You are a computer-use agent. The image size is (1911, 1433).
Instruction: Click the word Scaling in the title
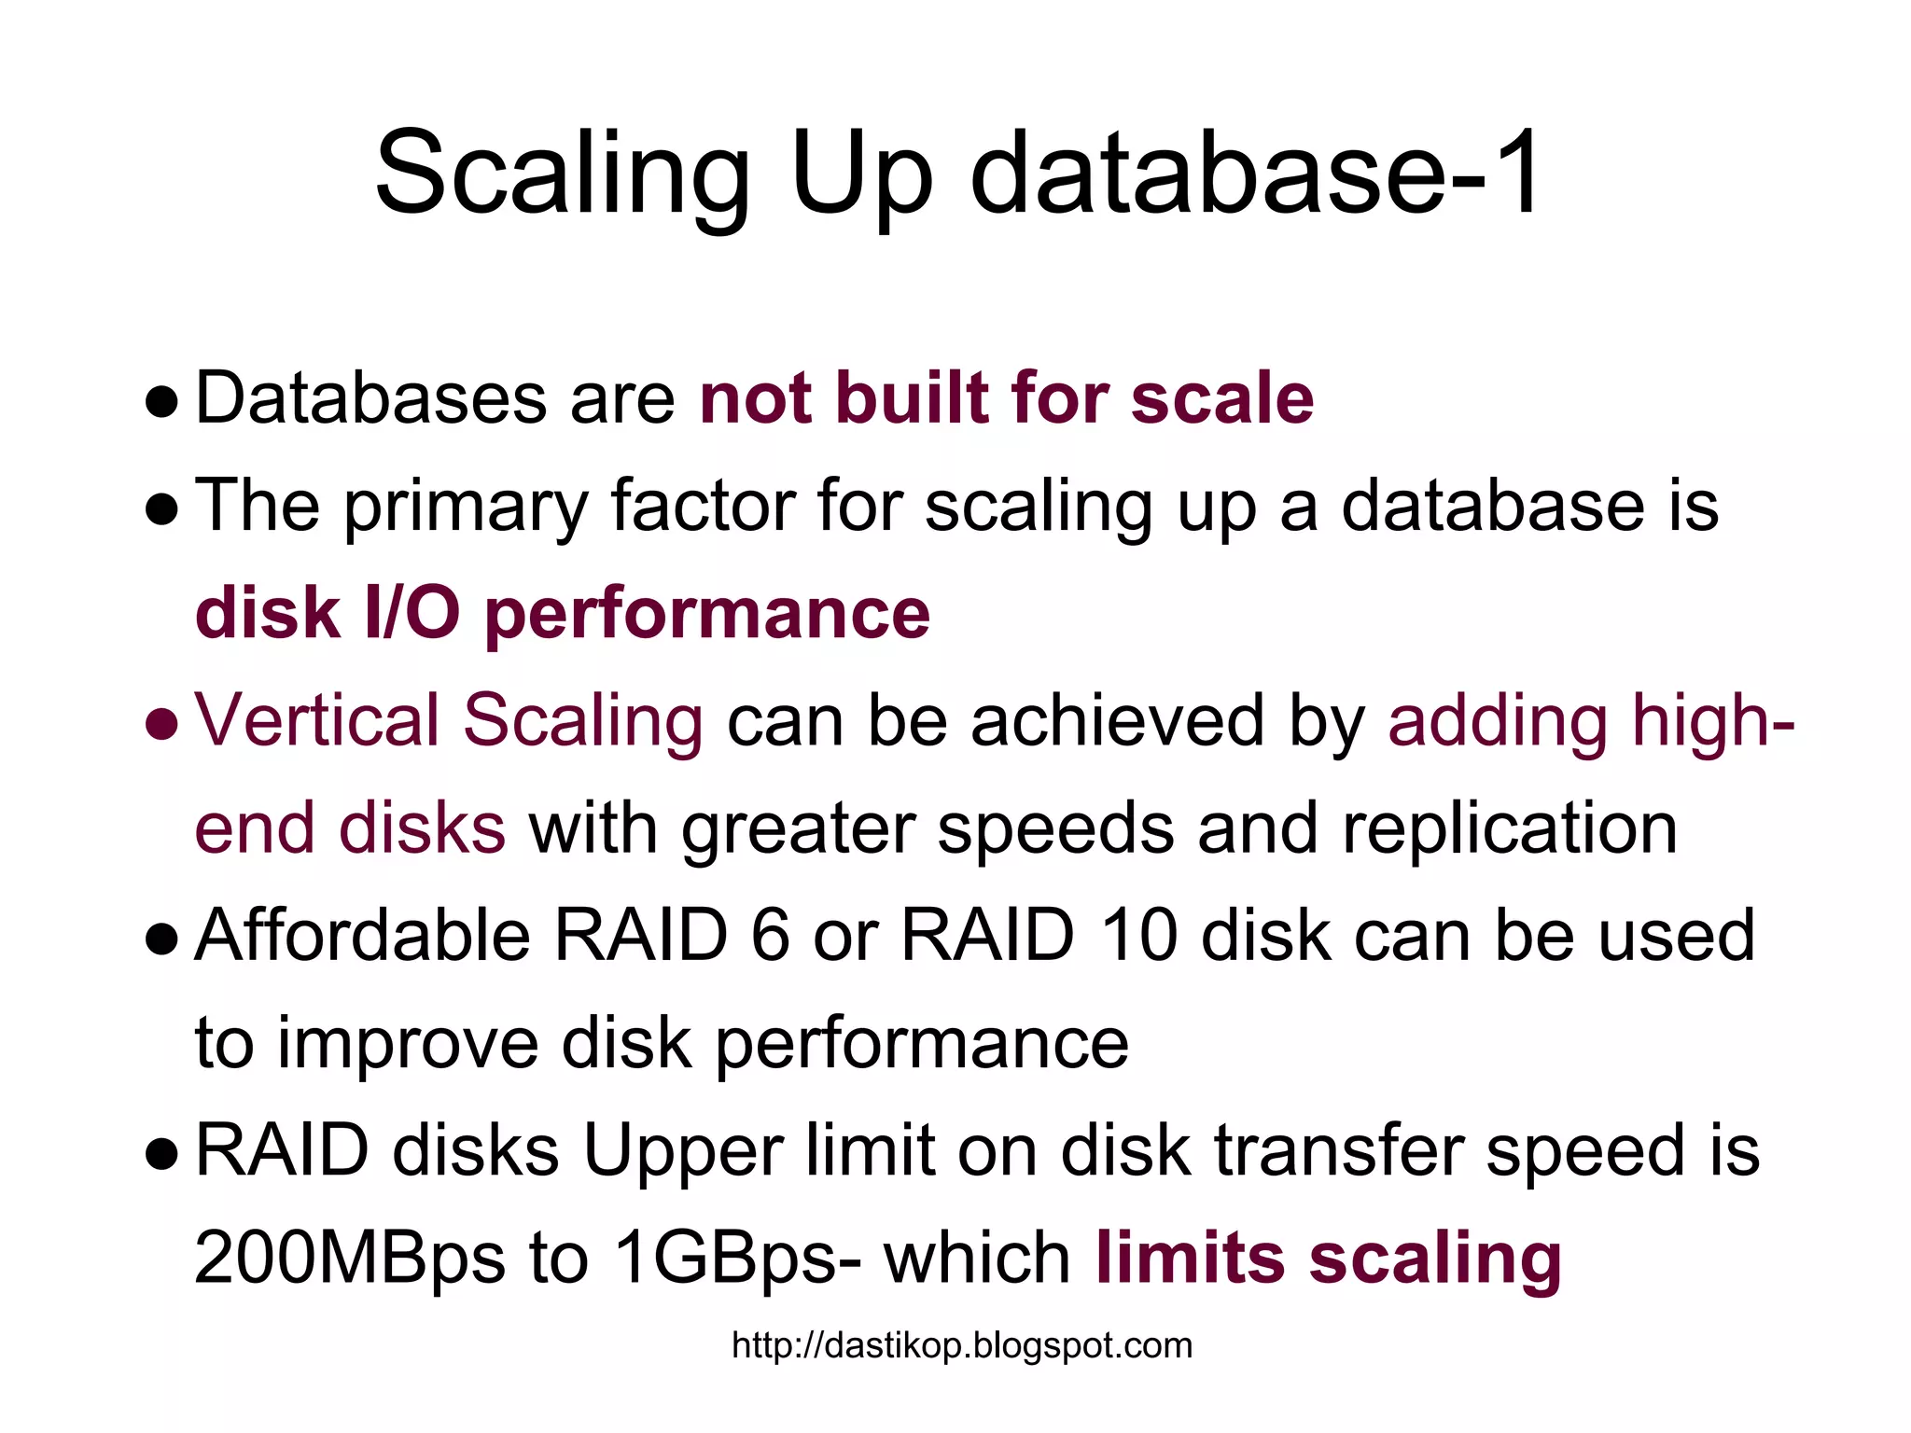pyautogui.click(x=562, y=174)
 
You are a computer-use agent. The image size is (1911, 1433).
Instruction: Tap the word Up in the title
pyautogui.click(x=861, y=174)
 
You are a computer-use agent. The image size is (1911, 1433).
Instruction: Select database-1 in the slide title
pyautogui.click(x=1255, y=174)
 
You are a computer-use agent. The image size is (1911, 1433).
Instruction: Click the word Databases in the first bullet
pyautogui.click(x=370, y=398)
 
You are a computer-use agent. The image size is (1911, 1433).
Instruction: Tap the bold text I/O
pyautogui.click(x=411, y=614)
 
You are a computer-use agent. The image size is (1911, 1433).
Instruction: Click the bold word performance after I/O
pyautogui.click(x=707, y=616)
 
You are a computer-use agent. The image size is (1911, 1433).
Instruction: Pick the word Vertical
pyautogui.click(x=316, y=720)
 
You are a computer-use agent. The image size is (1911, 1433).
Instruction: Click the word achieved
pyautogui.click(x=1116, y=720)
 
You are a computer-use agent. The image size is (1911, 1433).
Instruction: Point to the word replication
pyautogui.click(x=1509, y=828)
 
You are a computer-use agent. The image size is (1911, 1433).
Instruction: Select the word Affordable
pyautogui.click(x=362, y=935)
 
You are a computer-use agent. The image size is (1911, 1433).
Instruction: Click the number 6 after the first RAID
pyautogui.click(x=771, y=935)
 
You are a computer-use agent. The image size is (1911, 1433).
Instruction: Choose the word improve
pyautogui.click(x=408, y=1043)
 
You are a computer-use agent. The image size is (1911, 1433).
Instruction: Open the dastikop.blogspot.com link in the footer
pyautogui.click(x=962, y=1346)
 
